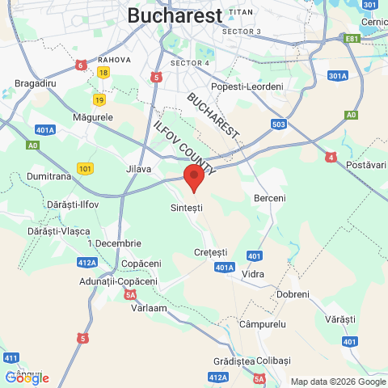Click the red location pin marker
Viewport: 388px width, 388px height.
(x=193, y=177)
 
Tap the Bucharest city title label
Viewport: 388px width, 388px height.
(x=175, y=15)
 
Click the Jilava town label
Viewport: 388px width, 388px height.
(x=139, y=169)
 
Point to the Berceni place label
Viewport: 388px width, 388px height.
(x=270, y=198)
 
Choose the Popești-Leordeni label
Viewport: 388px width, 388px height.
(x=247, y=86)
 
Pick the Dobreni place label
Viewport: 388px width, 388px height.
(x=293, y=294)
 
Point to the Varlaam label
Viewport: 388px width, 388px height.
(x=150, y=308)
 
